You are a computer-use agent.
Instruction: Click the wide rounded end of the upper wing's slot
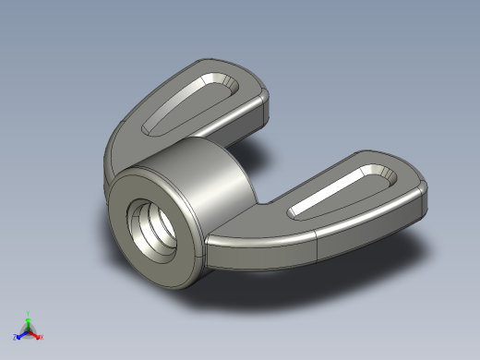[222, 87]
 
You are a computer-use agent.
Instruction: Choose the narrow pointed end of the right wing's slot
[295, 214]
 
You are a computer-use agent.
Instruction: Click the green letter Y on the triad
[29, 313]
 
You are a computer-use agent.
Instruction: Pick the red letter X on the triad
[42, 338]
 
